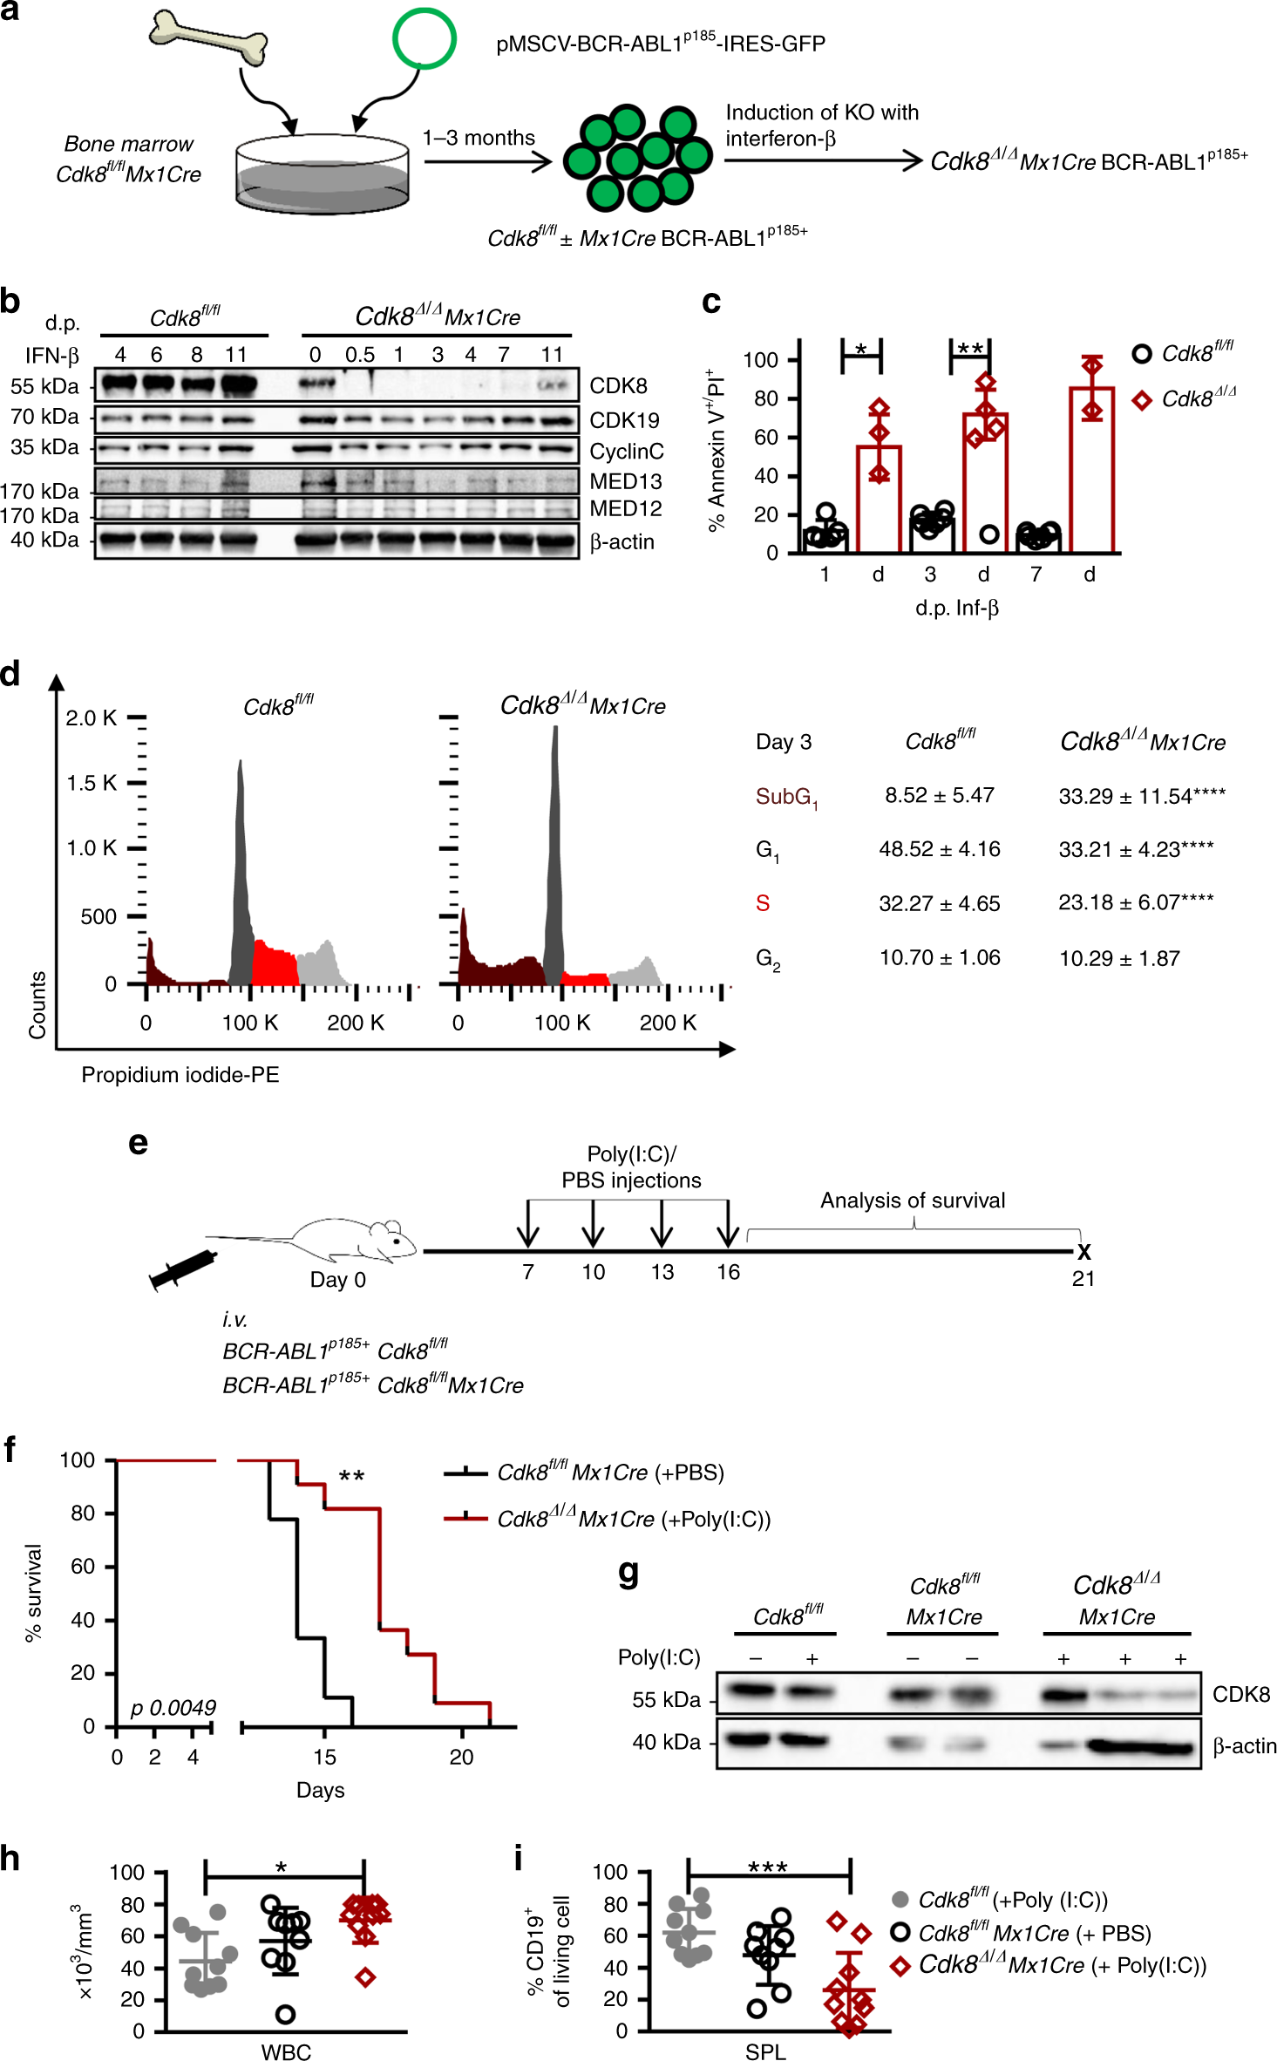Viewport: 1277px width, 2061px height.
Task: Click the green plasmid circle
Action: (x=424, y=38)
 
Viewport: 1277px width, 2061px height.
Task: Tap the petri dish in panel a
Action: (x=322, y=174)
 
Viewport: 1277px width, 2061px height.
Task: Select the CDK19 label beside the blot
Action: (x=624, y=420)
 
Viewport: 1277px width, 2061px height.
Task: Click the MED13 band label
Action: (x=625, y=481)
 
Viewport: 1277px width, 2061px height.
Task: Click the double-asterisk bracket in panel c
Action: (x=969, y=350)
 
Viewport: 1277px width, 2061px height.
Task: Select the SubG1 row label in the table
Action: (x=785, y=797)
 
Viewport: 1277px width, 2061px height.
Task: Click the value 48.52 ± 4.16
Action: (x=939, y=849)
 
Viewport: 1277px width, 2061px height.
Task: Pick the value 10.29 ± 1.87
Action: (x=1118, y=959)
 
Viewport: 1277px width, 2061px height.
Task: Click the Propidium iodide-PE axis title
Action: (x=180, y=1075)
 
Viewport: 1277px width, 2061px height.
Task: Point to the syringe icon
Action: (x=182, y=1269)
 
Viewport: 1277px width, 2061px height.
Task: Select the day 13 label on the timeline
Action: (x=662, y=1272)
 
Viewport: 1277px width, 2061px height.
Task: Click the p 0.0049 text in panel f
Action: (x=173, y=1708)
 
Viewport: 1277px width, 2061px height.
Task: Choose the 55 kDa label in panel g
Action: (x=666, y=1700)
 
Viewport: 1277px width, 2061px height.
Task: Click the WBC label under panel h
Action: (x=285, y=2051)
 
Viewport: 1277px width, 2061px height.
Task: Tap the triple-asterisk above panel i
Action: (x=767, y=1867)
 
